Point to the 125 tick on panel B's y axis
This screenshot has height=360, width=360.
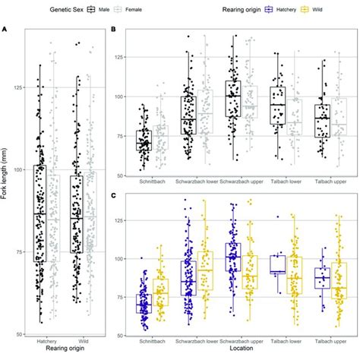click(x=124, y=58)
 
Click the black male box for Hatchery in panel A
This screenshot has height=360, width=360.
click(x=40, y=213)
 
